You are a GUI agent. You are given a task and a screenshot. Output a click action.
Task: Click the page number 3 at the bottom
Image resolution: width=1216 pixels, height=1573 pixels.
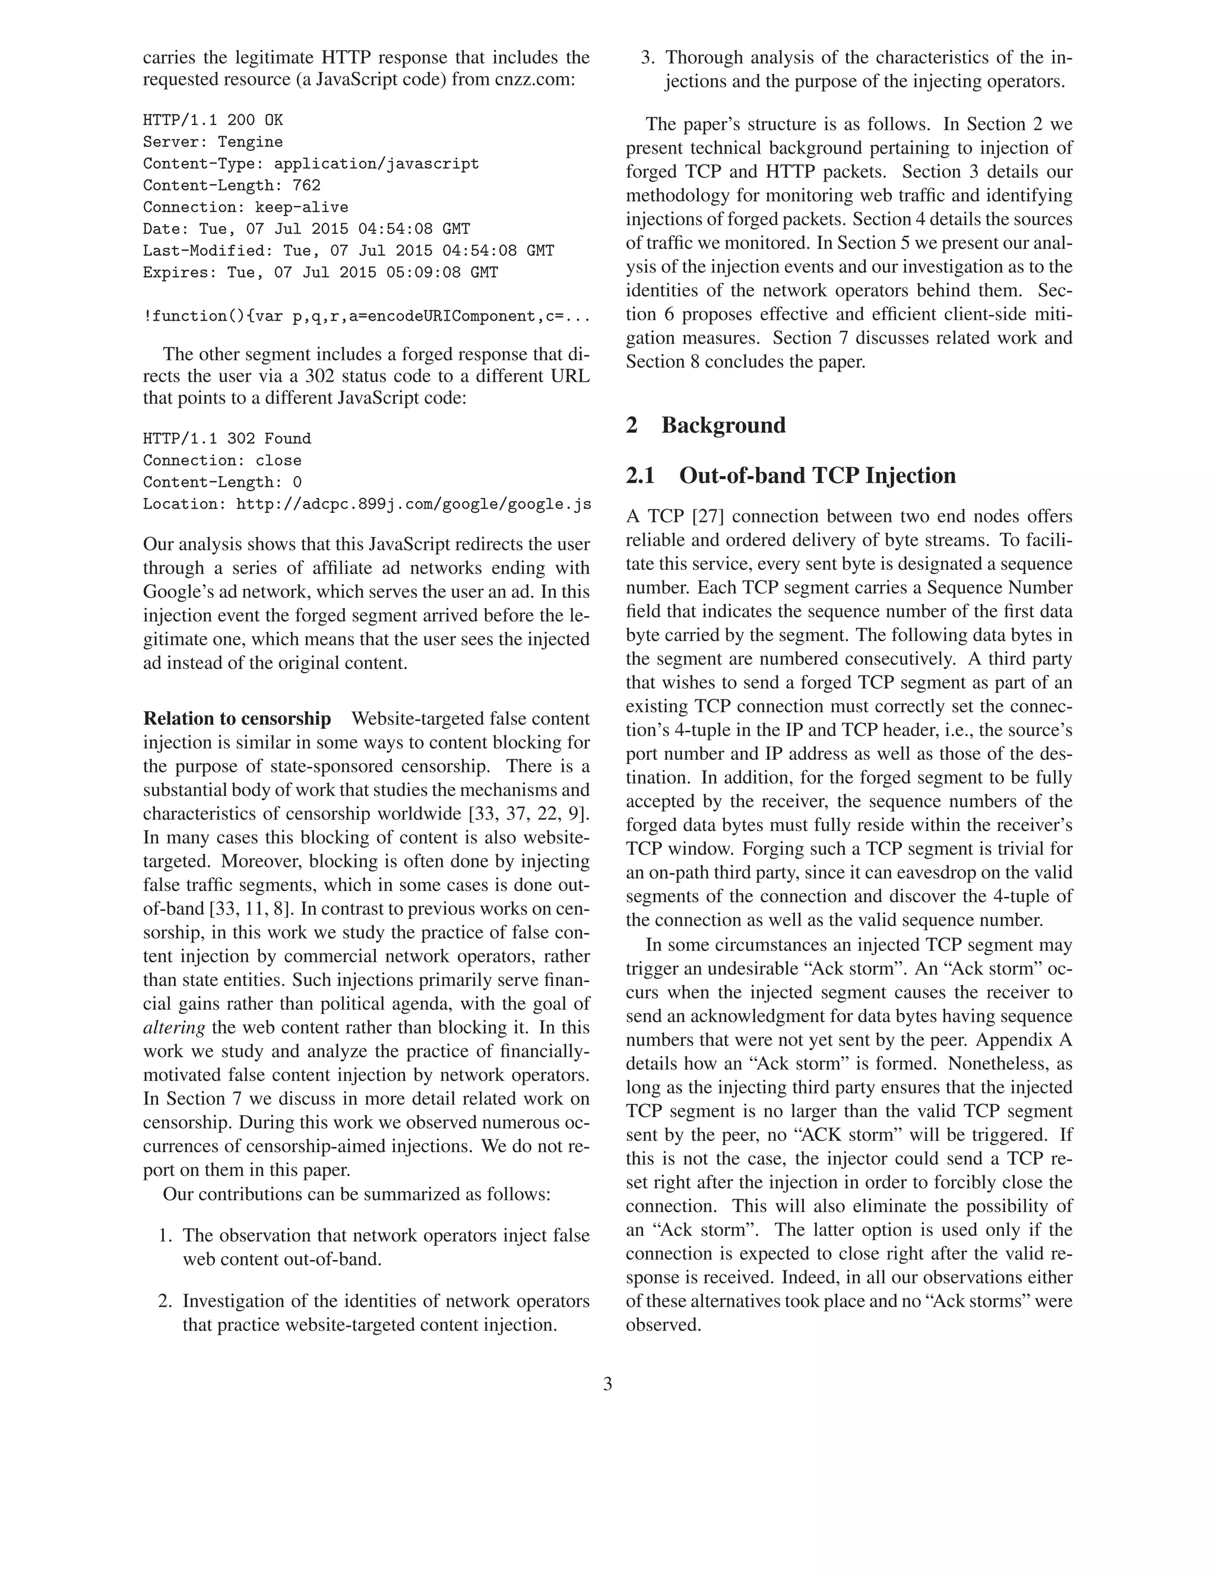pos(607,1384)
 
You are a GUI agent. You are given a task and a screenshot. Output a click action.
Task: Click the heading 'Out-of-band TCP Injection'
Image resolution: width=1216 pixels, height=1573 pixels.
pos(817,475)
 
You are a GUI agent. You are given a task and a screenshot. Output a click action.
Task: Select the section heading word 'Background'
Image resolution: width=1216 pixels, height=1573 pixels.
pos(723,425)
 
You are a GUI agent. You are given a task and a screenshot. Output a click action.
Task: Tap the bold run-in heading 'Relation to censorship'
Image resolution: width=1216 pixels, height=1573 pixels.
pos(237,719)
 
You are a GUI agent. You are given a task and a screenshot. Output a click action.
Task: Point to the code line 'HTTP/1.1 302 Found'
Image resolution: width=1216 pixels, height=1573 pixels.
pos(227,439)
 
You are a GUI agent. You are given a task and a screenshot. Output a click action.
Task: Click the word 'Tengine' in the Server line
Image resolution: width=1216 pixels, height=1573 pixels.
pos(250,142)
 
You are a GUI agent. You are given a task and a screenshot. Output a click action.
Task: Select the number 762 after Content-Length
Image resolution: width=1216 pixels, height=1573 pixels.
pos(306,185)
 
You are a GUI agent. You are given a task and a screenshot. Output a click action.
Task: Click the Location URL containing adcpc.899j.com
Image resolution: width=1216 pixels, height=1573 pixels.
pos(413,504)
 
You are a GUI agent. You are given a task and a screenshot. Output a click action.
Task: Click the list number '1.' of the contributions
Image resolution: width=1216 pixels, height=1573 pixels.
pos(166,1236)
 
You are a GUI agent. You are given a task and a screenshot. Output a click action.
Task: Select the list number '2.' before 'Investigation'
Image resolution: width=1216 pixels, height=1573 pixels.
pos(165,1302)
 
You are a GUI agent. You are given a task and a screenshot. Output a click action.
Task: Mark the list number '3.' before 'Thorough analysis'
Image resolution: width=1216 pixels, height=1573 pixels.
pos(648,58)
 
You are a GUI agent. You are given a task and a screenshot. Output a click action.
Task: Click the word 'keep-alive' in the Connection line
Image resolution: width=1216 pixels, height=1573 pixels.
pos(301,207)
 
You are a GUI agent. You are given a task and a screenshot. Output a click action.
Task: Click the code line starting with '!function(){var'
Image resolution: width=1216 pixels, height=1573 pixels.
pos(366,316)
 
